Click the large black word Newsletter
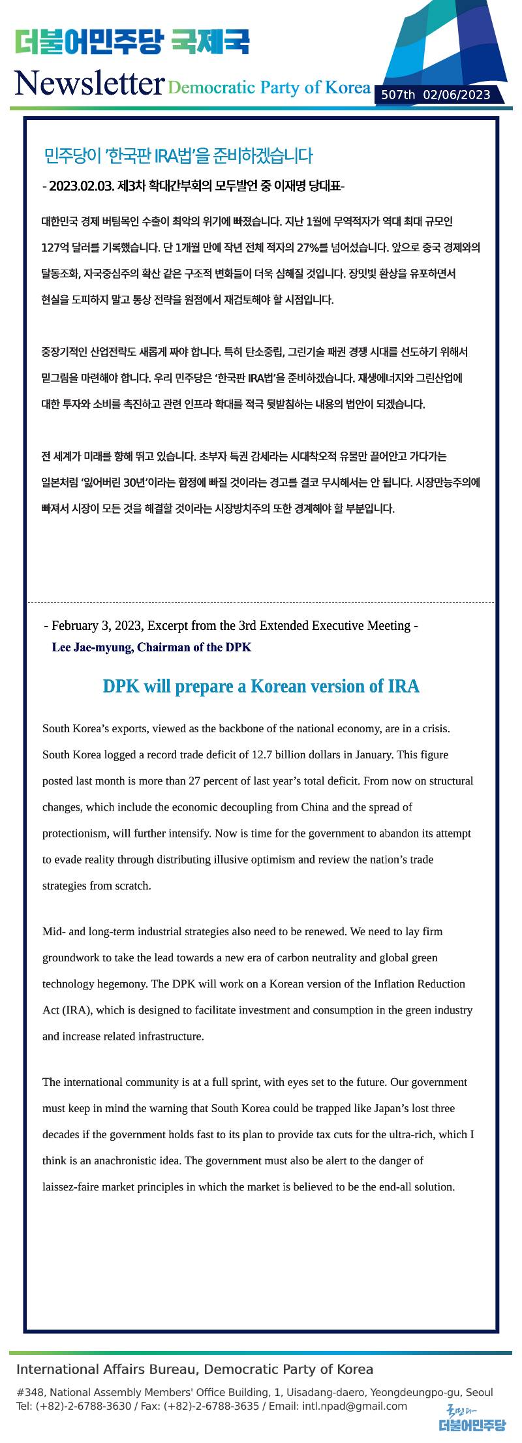[89, 84]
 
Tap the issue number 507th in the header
[398, 95]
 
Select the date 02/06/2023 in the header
[457, 95]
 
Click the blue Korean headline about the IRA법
[178, 156]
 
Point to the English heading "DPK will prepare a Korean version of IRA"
[261, 687]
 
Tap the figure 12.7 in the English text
[263, 755]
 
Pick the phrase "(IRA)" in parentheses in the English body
[78, 1010]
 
